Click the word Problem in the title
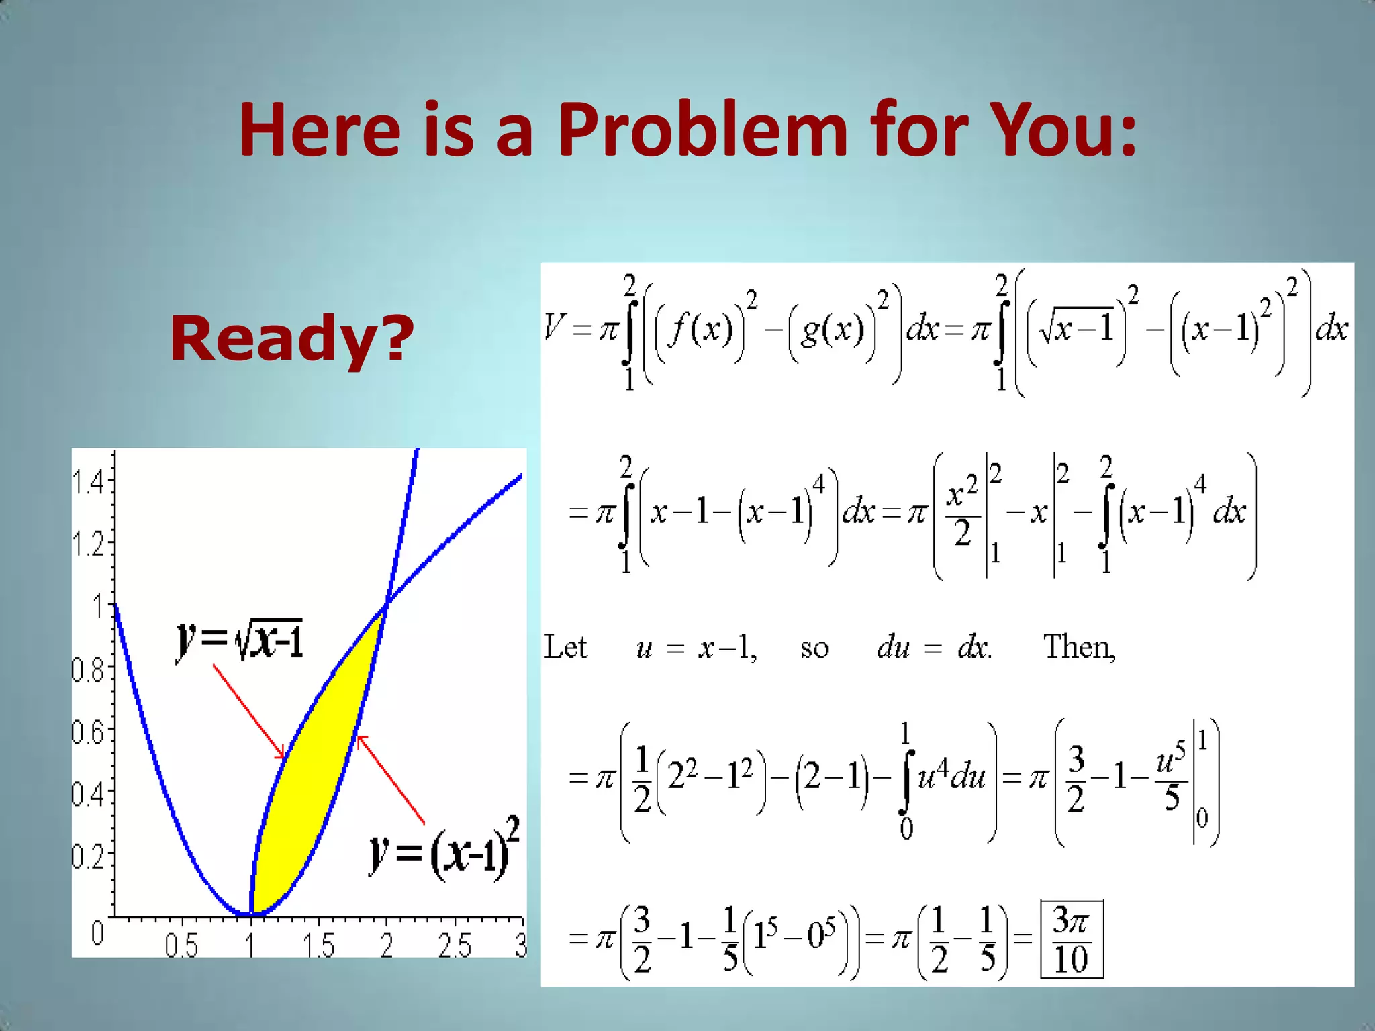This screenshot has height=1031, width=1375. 702,129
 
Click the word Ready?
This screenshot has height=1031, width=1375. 291,339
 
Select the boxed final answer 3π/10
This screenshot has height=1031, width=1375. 1072,939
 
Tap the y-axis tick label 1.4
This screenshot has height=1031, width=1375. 88,482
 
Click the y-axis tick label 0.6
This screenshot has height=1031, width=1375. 88,732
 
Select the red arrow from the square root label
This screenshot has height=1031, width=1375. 248,711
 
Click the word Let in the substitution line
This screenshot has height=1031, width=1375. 565,648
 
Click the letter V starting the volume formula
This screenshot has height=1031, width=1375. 555,328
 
